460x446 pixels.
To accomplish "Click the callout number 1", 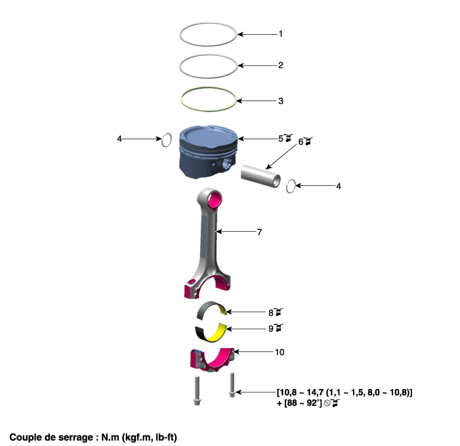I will (281, 33).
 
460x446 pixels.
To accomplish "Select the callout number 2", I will (281, 65).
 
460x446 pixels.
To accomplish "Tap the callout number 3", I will (281, 101).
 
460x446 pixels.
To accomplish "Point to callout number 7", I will (260, 232).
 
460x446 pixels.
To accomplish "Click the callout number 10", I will (280, 352).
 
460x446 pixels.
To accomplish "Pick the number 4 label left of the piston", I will (119, 139).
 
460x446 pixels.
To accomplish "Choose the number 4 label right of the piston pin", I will (339, 186).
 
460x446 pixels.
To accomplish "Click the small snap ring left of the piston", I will (167, 140).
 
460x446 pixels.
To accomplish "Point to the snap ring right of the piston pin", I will (293, 187).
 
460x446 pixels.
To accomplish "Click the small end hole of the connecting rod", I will (213, 197).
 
